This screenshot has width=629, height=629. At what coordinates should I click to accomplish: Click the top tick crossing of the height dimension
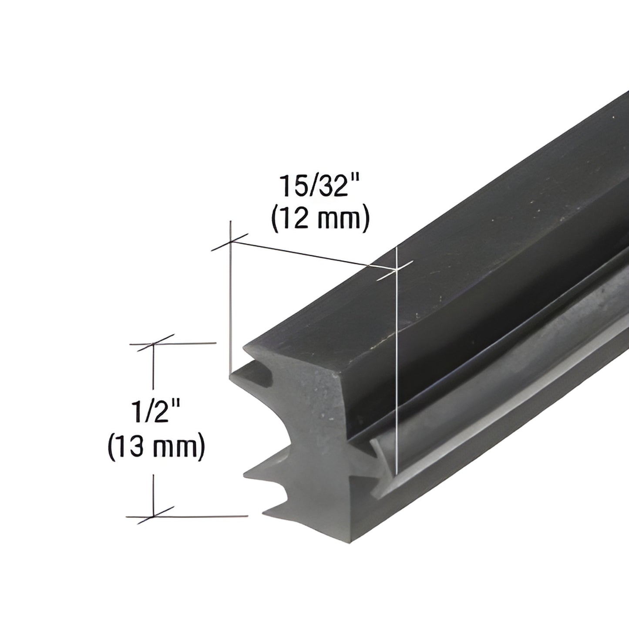[x=152, y=343]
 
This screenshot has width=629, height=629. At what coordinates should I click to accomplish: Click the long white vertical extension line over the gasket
[x=397, y=370]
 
